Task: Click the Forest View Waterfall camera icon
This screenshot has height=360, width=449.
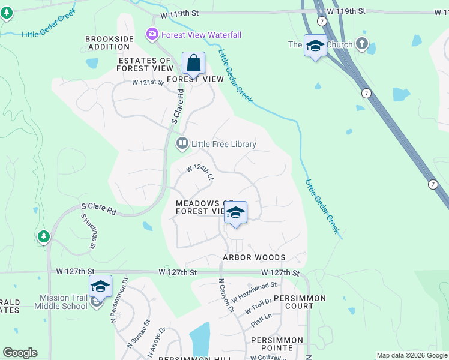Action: click(x=152, y=34)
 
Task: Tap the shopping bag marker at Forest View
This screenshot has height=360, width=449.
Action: click(x=193, y=63)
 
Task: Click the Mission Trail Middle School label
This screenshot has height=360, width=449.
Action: click(x=64, y=302)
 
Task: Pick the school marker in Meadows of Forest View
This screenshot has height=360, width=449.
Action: click(x=235, y=214)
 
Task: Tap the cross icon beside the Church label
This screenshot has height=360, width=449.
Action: click(x=361, y=44)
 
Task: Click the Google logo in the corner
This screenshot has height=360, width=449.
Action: click(x=20, y=353)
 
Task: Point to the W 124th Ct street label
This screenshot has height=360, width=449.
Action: click(x=199, y=172)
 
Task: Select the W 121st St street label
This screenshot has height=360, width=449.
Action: click(x=148, y=82)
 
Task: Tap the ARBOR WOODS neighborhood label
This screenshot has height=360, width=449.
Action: click(x=254, y=257)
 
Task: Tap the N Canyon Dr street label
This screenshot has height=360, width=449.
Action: click(x=225, y=295)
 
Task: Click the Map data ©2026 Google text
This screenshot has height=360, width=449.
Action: click(x=412, y=355)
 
